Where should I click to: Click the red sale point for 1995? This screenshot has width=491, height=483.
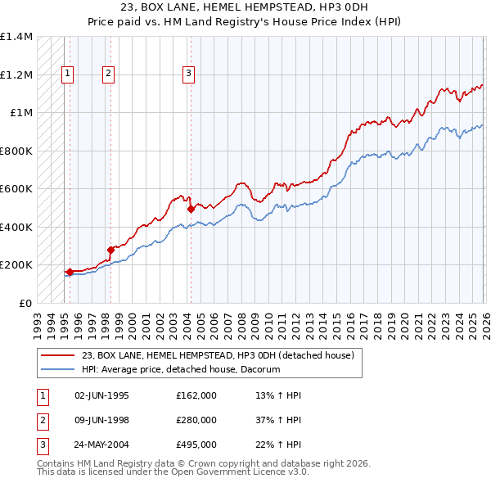pos(70,272)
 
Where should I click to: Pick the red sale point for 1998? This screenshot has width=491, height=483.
pos(110,250)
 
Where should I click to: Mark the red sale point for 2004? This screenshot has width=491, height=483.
pos(191,209)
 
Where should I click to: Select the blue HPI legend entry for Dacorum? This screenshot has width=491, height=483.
pos(180,369)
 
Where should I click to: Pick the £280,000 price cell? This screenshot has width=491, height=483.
pos(196,420)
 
